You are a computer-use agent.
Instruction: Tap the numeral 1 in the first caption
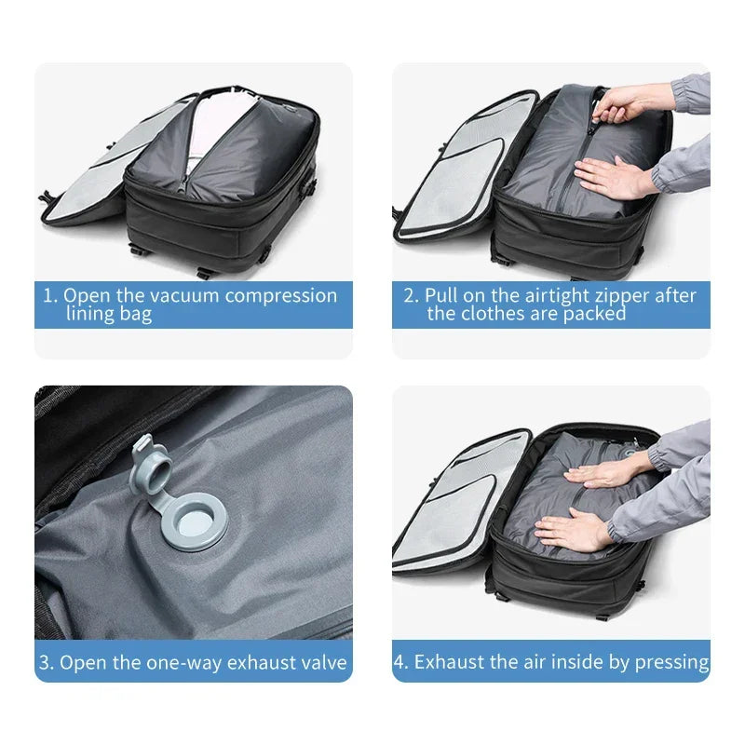click(49, 296)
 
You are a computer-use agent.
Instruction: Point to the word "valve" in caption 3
click(322, 663)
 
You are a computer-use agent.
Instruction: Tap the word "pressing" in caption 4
click(672, 662)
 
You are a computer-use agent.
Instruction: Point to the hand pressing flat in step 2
click(610, 176)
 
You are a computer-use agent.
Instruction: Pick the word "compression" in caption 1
click(281, 296)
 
